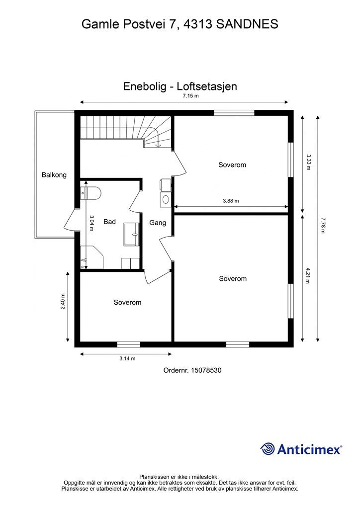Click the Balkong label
point(54,175)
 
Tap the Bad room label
point(109,222)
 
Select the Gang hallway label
point(158,223)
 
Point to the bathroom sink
point(132,234)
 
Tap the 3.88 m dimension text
point(231,201)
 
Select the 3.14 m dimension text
point(127,358)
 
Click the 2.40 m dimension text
point(63,301)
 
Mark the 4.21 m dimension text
point(308,275)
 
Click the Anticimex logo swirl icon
point(268,449)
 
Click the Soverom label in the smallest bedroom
point(127,302)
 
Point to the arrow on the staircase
point(158,144)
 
